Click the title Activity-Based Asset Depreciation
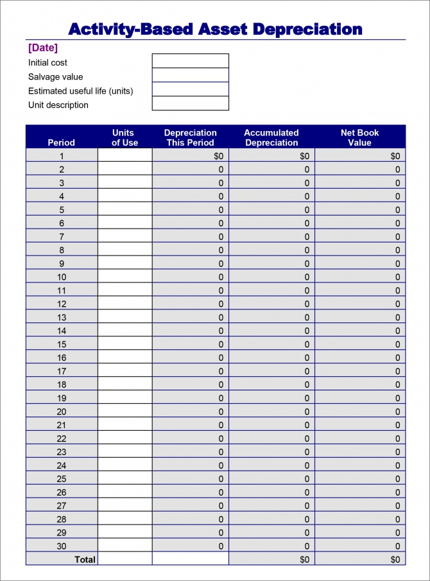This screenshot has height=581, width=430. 215,29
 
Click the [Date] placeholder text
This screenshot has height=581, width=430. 43,48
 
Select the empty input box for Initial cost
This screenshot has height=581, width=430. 190,61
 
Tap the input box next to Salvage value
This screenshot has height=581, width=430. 190,75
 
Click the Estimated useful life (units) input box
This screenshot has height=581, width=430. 190,89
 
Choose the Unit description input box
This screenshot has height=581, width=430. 190,103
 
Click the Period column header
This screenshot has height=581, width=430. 62,143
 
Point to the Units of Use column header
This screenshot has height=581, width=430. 125,137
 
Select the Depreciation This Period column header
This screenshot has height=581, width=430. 190,137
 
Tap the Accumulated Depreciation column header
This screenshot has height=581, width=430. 271,137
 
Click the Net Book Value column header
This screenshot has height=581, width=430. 359,137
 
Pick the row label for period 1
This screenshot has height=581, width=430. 62,156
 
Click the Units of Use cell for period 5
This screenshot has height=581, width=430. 125,210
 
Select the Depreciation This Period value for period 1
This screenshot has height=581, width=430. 190,156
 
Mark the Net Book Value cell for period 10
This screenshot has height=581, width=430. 360,277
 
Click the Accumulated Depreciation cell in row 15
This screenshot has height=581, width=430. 271,345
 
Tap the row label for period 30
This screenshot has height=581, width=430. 62,546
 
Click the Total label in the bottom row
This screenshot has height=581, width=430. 85,560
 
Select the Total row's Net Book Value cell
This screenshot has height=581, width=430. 360,560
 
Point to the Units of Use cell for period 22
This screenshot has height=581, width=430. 125,438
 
